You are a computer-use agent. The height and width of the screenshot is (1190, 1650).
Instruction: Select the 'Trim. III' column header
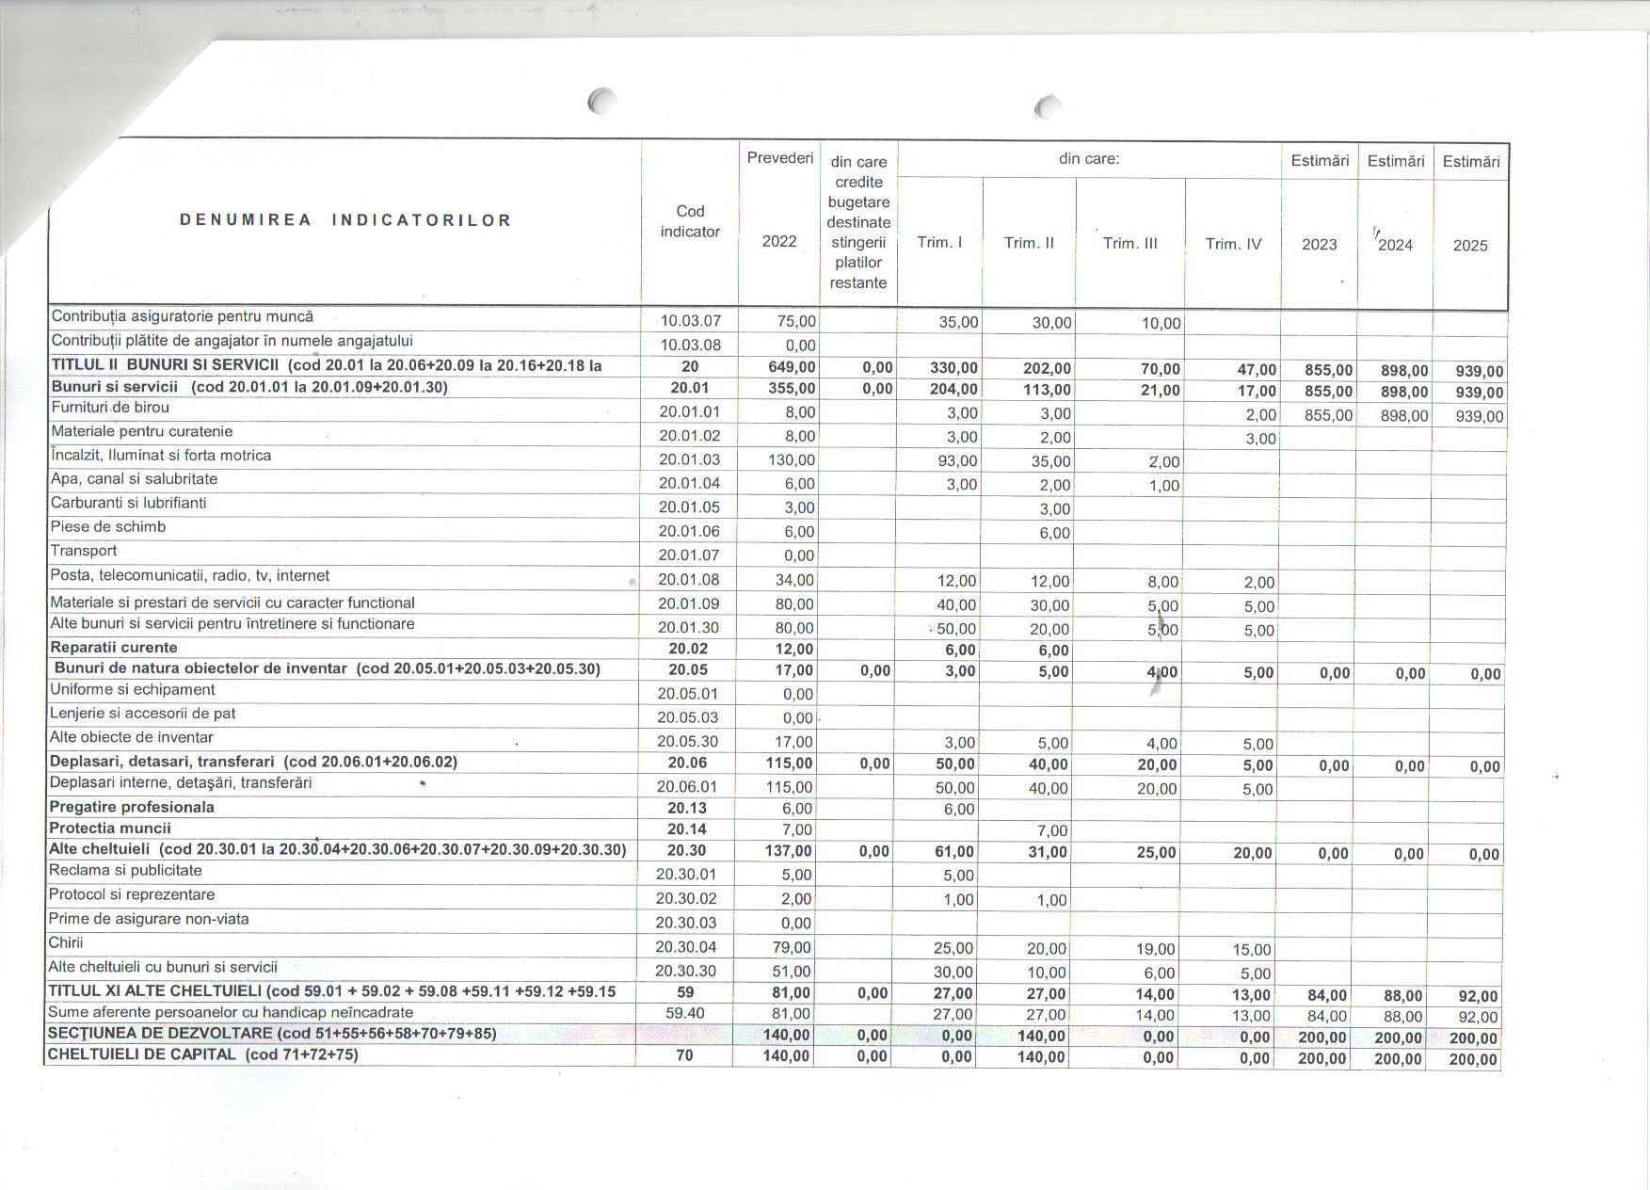tap(1129, 243)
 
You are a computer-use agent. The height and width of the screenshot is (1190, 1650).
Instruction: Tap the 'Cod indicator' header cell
tap(690, 221)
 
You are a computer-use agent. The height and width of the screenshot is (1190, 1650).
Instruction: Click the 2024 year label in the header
tap(1395, 245)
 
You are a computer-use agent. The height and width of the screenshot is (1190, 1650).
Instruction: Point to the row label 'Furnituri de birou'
tap(110, 408)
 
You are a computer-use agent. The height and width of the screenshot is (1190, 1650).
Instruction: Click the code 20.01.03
tap(689, 460)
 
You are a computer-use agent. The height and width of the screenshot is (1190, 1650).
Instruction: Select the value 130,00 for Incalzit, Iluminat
tap(792, 460)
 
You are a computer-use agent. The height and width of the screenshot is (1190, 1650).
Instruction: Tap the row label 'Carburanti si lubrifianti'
tap(128, 503)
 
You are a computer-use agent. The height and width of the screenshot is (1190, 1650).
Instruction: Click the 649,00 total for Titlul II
tap(792, 367)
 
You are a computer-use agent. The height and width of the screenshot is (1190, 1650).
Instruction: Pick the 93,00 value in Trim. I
tap(958, 461)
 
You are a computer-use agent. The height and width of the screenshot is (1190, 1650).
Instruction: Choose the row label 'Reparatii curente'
tap(113, 648)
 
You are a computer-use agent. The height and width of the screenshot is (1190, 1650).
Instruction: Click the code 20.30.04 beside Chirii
tap(686, 947)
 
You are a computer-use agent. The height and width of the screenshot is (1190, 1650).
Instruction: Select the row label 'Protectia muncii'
tap(110, 828)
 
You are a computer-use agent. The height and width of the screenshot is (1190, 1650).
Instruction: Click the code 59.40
tap(685, 1013)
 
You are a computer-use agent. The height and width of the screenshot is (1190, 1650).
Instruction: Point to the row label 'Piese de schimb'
tap(108, 527)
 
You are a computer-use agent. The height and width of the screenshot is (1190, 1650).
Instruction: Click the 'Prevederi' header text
tap(779, 158)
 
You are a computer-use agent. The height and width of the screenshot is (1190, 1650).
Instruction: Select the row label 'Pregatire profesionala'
tap(132, 807)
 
